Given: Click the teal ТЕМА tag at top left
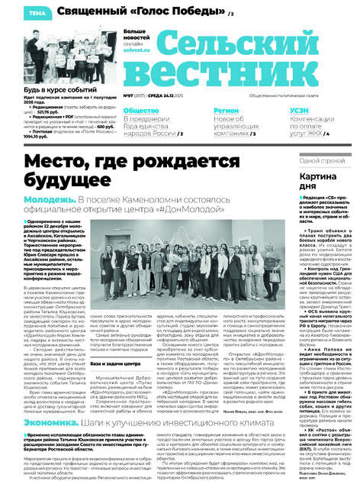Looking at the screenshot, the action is tap(15, 13).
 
